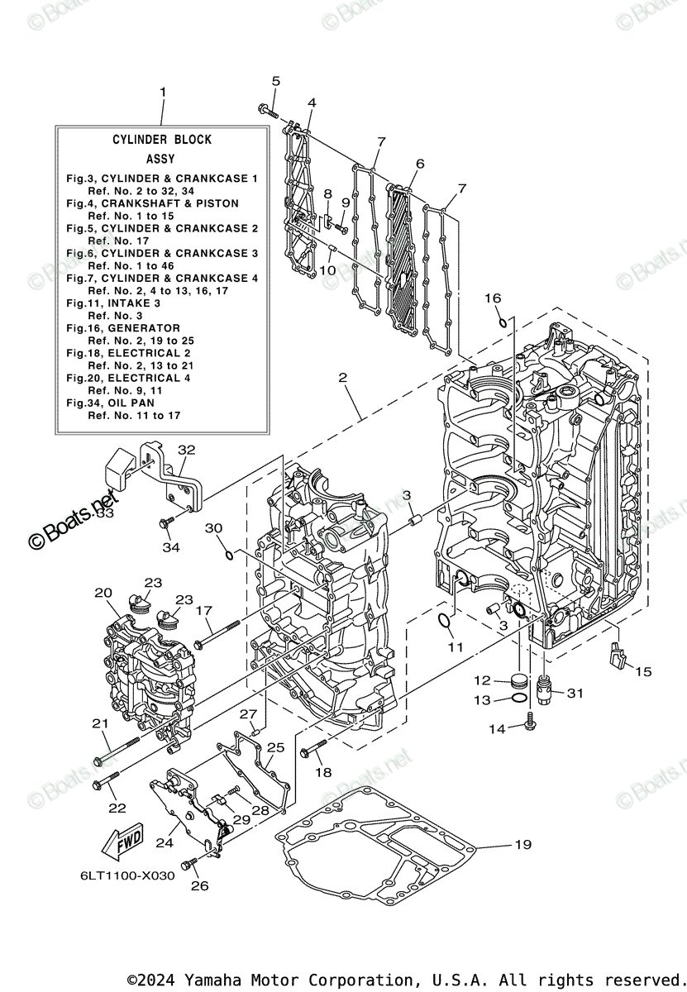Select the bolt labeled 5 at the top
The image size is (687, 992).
coord(269,111)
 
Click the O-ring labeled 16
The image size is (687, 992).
coord(502,321)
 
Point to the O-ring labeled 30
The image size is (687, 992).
coord(229,553)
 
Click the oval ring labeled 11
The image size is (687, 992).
coord(444,621)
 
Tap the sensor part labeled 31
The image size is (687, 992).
coord(544,687)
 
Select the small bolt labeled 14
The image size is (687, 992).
coord(530,727)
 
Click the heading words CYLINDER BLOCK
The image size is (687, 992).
coord(162,140)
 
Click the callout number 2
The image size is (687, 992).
coord(342,378)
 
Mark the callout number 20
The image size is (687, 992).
coord(103,592)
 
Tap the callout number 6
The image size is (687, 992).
coord(419,164)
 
